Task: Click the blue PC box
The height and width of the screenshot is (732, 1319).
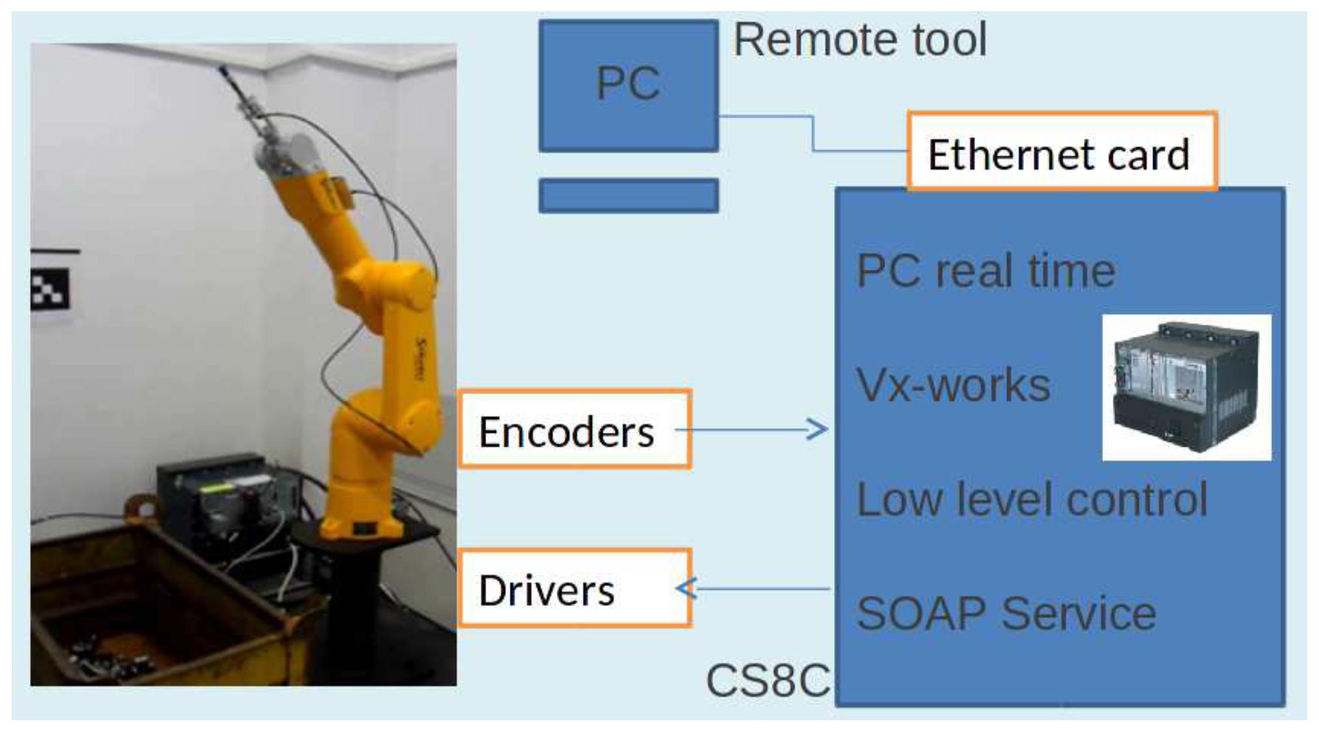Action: tap(628, 86)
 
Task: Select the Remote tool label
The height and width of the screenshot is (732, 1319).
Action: tap(860, 40)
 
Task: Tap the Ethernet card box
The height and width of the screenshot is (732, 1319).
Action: tap(1061, 152)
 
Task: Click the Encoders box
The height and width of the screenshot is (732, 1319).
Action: tap(574, 430)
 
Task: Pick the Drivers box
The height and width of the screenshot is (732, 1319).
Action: tap(574, 589)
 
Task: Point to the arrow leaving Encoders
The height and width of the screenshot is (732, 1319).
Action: tap(751, 429)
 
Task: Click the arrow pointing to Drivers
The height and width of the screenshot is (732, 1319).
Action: tap(751, 588)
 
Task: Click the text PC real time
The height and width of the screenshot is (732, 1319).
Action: tap(985, 272)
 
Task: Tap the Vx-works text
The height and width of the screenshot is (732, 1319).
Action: tap(952, 385)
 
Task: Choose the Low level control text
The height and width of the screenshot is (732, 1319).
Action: tap(1031, 500)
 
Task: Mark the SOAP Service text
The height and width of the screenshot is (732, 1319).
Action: tap(1006, 614)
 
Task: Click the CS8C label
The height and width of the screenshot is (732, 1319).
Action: tap(768, 680)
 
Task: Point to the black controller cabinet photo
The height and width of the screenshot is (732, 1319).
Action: tap(1186, 388)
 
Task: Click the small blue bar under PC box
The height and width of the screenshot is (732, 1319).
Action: tap(628, 195)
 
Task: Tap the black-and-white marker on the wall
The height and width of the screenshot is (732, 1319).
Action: tap(50, 289)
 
